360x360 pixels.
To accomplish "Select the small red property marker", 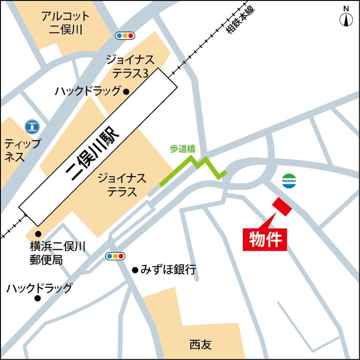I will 282,207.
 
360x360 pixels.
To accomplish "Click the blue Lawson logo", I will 32,126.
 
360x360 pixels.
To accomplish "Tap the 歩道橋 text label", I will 182,150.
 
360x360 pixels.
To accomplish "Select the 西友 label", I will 201,345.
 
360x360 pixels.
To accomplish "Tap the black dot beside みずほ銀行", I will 135,270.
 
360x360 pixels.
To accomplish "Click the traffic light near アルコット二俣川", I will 125,36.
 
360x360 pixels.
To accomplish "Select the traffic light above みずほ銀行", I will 115,256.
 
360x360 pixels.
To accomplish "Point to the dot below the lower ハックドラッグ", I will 37,298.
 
